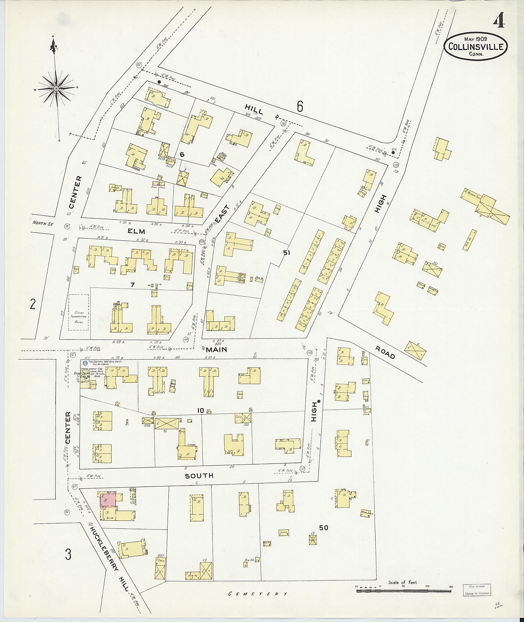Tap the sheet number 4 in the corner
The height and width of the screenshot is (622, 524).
tap(499, 21)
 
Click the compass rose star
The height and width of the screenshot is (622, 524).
tap(56, 88)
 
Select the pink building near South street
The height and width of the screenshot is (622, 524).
tap(108, 499)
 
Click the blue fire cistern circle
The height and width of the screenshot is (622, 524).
tap(85, 363)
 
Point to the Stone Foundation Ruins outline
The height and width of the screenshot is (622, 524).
tap(79, 312)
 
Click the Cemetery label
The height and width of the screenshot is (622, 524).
tap(258, 594)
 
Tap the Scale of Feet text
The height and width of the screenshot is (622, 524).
tap(403, 582)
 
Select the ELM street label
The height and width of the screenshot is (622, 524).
tap(137, 231)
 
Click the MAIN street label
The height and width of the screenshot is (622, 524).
tap(216, 349)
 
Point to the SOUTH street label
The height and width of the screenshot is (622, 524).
tap(199, 476)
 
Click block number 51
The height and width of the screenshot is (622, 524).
tap(286, 252)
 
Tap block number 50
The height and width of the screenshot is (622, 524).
tap(323, 528)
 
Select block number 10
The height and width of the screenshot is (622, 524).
tap(200, 410)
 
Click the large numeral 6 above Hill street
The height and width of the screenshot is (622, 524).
tap(300, 106)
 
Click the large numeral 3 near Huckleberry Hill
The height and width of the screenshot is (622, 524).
tap(68, 554)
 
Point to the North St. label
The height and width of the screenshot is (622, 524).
tap(43, 223)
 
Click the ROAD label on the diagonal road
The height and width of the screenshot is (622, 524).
tap(385, 353)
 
